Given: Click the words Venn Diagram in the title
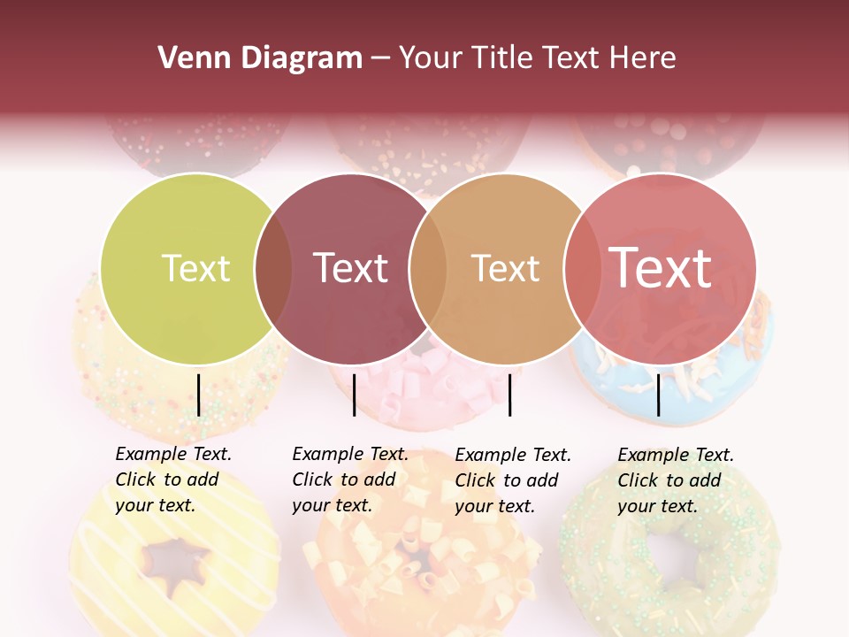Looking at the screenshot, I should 260,58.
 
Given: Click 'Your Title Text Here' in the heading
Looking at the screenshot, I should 537,58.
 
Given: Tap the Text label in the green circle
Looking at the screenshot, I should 195,268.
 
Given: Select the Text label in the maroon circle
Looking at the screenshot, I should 351,268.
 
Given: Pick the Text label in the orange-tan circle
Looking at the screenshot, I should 505,268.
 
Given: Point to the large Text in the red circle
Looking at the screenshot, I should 661,268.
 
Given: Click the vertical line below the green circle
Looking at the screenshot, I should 198,395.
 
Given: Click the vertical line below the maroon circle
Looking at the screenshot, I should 354,395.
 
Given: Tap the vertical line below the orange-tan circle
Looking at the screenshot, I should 509,395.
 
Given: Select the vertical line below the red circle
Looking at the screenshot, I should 658,395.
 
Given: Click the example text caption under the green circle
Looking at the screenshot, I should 173,480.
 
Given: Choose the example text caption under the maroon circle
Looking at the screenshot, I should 350,480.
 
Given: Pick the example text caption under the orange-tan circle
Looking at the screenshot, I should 513,480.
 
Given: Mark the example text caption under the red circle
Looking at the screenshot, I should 676,480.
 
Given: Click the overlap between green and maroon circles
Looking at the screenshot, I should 273,269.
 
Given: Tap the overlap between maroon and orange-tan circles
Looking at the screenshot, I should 428,269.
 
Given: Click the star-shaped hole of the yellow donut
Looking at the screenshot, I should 177,560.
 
